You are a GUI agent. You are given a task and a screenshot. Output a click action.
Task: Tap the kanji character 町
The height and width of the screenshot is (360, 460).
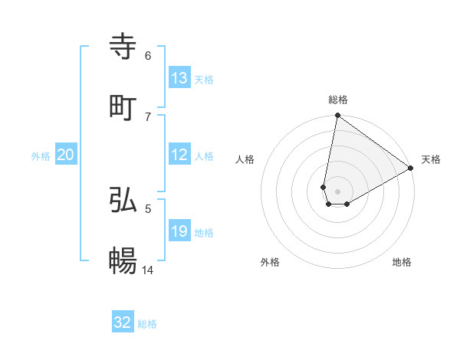point(123,108)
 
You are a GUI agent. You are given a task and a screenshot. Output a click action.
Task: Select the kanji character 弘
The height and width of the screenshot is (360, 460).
point(123,200)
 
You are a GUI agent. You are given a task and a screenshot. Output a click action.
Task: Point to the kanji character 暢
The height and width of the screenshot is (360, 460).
point(123,261)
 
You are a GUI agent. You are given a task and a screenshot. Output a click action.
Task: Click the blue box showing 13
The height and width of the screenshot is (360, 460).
point(179,78)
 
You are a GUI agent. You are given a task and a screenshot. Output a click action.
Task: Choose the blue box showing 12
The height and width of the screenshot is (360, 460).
point(179,155)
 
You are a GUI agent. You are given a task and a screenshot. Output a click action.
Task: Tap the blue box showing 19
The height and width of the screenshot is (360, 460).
point(179,231)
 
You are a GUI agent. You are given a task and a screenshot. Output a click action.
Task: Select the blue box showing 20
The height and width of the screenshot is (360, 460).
point(66,155)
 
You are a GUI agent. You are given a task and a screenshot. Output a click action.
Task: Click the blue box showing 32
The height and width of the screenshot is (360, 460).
point(123,322)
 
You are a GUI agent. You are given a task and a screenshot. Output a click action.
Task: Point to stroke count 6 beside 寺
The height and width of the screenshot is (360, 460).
point(148,55)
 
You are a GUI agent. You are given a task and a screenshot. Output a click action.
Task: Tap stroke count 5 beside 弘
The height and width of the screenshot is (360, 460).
point(148,208)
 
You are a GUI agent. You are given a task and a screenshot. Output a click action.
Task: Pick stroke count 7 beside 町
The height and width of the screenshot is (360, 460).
point(148,116)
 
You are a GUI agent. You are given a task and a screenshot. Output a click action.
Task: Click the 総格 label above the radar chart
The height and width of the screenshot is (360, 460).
point(338,100)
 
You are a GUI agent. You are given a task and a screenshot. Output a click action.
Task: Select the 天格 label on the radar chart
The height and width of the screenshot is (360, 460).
point(431,159)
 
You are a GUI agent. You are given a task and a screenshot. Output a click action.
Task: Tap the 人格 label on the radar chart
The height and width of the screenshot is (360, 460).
point(245,159)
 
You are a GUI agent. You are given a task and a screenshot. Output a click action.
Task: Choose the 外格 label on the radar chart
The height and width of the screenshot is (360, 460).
point(270,262)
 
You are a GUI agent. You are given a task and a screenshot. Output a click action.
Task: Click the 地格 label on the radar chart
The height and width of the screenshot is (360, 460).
point(402,262)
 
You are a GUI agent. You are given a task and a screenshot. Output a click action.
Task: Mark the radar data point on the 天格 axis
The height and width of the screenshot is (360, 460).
point(411,169)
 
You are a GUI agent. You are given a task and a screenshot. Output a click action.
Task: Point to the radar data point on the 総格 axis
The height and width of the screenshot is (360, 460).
point(337,116)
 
